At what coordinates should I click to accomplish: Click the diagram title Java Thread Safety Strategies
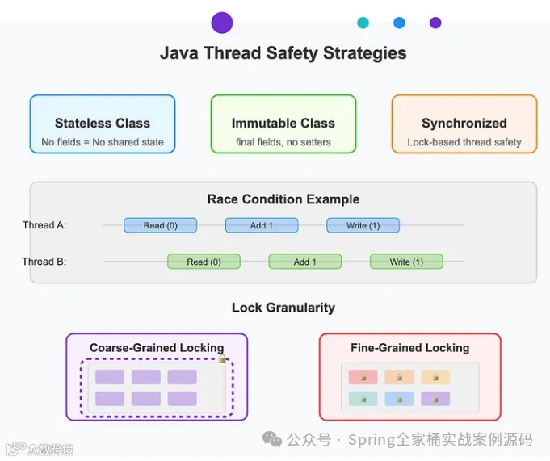[283, 54]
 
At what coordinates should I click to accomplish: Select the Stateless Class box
[103, 124]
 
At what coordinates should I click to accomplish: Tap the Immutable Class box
[283, 124]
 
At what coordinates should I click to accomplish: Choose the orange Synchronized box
[464, 124]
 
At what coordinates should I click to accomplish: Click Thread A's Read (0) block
[160, 225]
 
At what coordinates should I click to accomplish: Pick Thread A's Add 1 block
[262, 225]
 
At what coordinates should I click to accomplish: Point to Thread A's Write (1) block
[363, 225]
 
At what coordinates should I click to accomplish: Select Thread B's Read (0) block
[204, 262]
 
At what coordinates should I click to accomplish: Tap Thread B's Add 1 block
[305, 262]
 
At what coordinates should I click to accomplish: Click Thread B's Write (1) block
[406, 262]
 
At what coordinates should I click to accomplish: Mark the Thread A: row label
[44, 225]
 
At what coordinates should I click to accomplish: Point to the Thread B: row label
[44, 262]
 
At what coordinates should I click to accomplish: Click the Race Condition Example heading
[283, 199]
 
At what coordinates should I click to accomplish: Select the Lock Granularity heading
[283, 308]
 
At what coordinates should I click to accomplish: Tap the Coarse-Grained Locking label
[157, 348]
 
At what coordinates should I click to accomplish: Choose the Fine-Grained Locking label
[410, 348]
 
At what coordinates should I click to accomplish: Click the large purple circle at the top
[222, 23]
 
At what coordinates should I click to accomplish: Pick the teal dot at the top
[363, 23]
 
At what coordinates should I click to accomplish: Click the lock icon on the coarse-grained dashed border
[221, 358]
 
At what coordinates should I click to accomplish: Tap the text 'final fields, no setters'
[283, 142]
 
